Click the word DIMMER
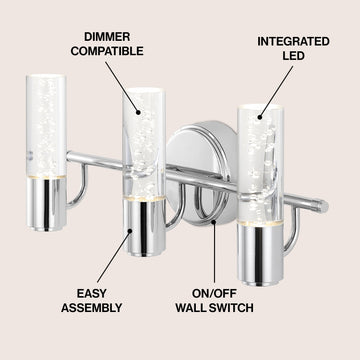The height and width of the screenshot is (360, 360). coord(107,37)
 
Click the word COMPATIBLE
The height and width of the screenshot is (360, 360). coord(107,51)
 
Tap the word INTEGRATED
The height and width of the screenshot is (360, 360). coord(293,41)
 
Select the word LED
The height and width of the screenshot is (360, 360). coord(293,56)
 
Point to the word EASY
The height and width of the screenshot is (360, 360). coord(92,294)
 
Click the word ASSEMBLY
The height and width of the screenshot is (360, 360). coord(92,308)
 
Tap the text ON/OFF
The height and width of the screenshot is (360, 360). coord(214,294)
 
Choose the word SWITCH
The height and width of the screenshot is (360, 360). coord(232,308)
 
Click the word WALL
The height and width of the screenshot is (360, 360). coord(192,308)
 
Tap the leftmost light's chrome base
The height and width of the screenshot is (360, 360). coord(47,204)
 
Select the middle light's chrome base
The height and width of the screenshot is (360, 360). coord(144,228)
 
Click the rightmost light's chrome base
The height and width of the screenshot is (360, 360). coord(260,255)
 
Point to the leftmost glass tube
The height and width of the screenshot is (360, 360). coord(46,126)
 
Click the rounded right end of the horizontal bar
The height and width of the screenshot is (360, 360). coord(323,207)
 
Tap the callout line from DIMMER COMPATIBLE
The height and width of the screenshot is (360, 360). coord(123,88)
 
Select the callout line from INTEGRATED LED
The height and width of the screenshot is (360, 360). coord(275,92)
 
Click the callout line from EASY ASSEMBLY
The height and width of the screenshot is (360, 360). coord(114,256)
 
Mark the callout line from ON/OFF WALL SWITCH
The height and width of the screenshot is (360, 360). coord(214,251)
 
